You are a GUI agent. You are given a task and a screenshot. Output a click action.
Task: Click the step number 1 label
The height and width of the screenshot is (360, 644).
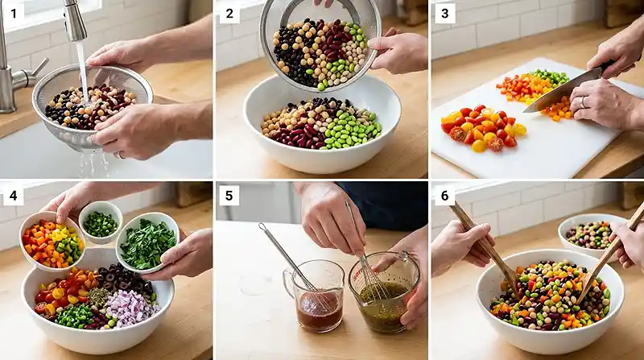point(14,13)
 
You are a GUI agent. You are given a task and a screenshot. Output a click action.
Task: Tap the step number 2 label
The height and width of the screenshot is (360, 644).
point(229,13)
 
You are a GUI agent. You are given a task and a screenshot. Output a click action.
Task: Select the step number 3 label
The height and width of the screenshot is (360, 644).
point(445,13)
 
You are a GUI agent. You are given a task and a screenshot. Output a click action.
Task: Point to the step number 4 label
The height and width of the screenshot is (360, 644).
point(14,195)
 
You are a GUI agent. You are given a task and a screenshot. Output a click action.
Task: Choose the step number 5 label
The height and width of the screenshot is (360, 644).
point(229,195)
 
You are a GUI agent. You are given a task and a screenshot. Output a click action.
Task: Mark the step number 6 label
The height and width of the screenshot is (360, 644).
point(445,195)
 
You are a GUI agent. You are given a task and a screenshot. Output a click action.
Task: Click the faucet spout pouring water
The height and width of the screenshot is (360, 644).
point(74,21)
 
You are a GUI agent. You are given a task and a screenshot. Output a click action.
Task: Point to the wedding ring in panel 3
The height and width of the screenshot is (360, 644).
point(583,102)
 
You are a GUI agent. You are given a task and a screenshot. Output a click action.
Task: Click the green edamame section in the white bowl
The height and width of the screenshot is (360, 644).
point(351,128)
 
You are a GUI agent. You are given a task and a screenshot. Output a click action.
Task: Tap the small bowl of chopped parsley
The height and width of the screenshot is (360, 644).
point(148,242)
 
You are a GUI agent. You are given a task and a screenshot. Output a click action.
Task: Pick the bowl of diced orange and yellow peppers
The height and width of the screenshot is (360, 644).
point(52,242)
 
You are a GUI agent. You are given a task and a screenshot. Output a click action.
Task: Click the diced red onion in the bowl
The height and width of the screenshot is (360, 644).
point(130,308)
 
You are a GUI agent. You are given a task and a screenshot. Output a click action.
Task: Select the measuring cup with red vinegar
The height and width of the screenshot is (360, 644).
point(315,295)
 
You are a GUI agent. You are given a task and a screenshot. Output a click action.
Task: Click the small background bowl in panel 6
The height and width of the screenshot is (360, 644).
point(588,234)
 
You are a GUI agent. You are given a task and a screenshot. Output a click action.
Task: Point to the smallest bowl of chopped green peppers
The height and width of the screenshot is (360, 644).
point(101,222)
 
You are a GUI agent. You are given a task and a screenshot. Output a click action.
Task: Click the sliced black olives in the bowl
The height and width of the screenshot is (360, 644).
point(126,279)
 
